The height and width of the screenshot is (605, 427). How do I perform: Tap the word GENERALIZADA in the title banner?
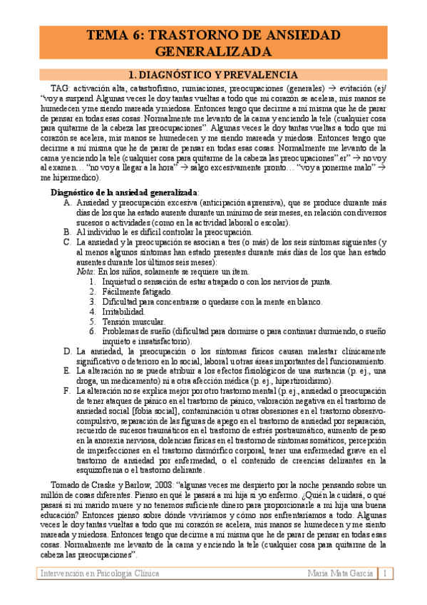213,52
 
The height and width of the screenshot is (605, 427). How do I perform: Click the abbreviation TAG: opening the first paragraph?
62,88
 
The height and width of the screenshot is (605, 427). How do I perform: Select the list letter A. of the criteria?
67,203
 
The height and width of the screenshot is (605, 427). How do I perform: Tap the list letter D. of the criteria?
67,351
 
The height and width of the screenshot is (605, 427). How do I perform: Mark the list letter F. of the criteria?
67,391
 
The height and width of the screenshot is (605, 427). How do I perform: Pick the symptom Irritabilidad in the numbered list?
121,311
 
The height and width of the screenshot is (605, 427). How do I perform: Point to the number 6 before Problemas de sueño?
92,331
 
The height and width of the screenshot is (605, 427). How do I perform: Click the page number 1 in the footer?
385,574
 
